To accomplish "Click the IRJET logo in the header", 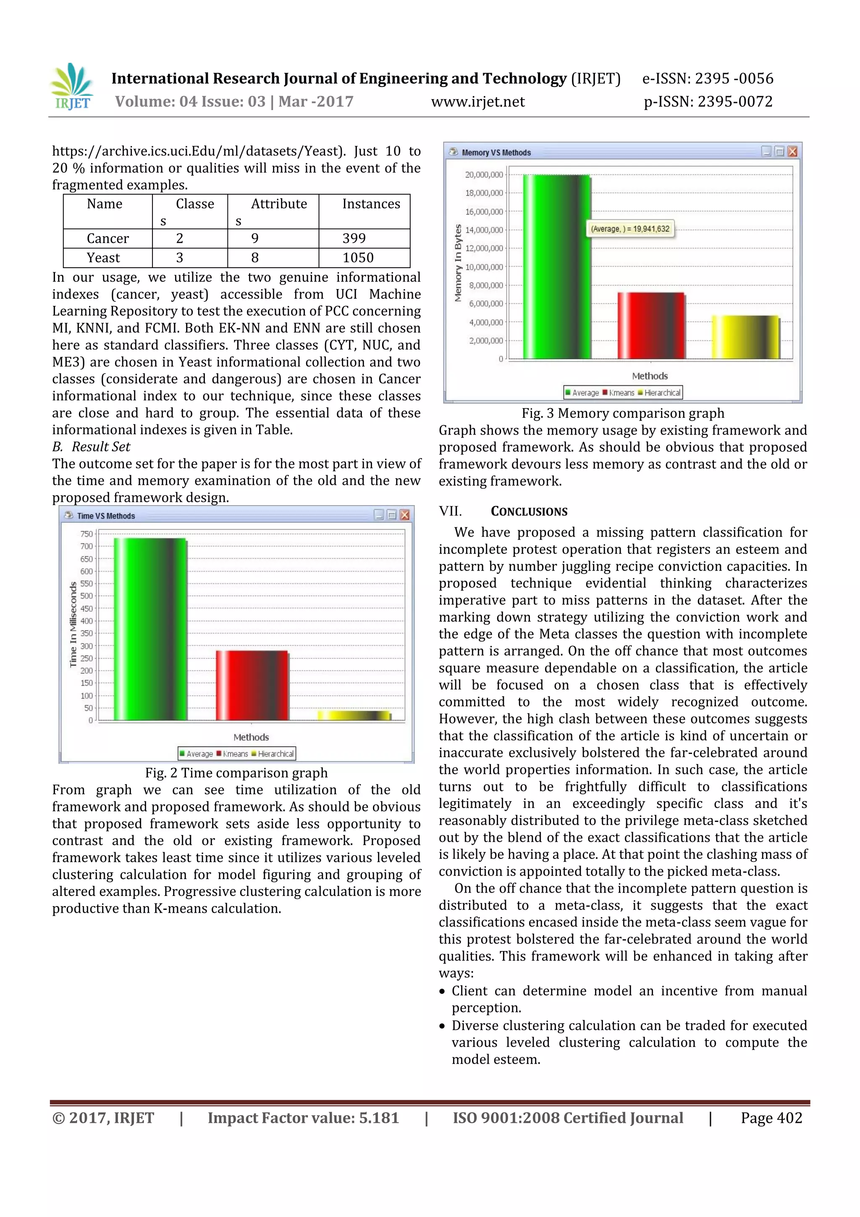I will [x=72, y=87].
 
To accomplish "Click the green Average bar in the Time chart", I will [x=150, y=629].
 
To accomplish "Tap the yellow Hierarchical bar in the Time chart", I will [x=354, y=716].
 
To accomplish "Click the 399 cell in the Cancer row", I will [x=354, y=239].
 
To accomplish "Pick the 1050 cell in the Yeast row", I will [x=358, y=258].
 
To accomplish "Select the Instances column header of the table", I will [x=371, y=204].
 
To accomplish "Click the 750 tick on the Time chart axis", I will [x=87, y=534].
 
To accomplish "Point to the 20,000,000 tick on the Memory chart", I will [x=484, y=175].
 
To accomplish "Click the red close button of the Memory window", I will [x=792, y=152].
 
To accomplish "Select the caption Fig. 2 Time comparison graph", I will [x=236, y=773].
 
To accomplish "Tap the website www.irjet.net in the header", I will [x=477, y=102].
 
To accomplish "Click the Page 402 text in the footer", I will [x=771, y=1118].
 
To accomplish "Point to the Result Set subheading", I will [x=101, y=447].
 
